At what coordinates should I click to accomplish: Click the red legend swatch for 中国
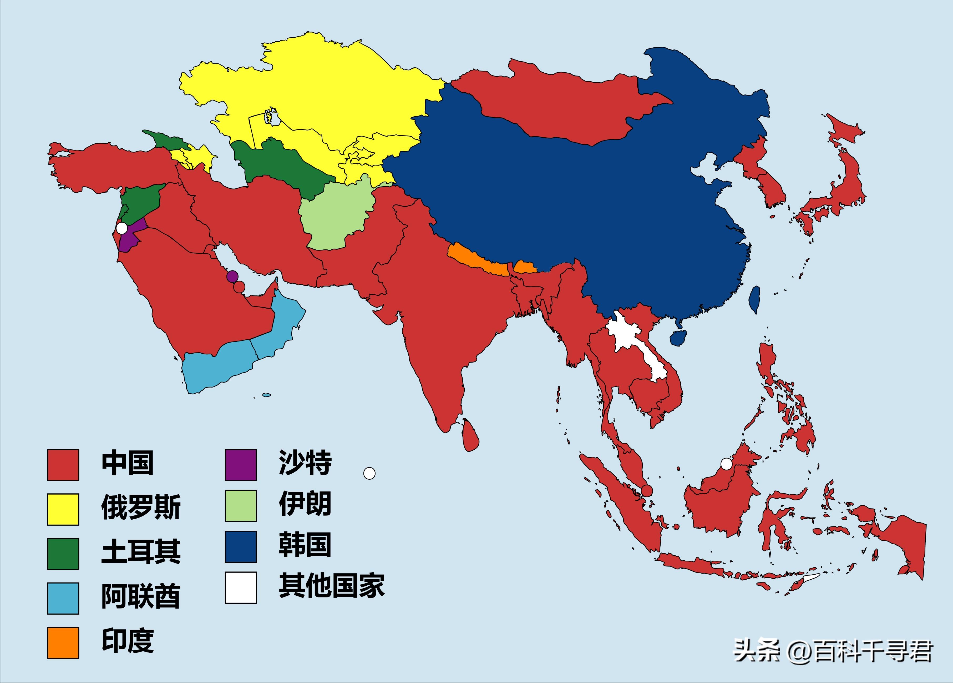(63, 465)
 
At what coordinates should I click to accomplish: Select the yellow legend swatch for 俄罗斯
(63, 509)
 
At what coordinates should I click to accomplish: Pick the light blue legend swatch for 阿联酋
(63, 598)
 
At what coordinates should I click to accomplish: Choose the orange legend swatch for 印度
(63, 643)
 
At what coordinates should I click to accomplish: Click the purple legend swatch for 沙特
(241, 465)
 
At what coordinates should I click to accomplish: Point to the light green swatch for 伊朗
(241, 506)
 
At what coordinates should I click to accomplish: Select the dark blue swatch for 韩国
(241, 547)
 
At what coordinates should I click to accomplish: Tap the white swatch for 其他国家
(241, 587)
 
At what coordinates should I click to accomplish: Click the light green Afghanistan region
(336, 219)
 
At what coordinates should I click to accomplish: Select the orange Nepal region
(477, 260)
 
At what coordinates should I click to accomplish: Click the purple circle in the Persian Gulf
(232, 276)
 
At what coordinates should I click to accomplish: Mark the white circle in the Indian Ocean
(369, 473)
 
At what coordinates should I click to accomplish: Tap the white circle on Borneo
(726, 464)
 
